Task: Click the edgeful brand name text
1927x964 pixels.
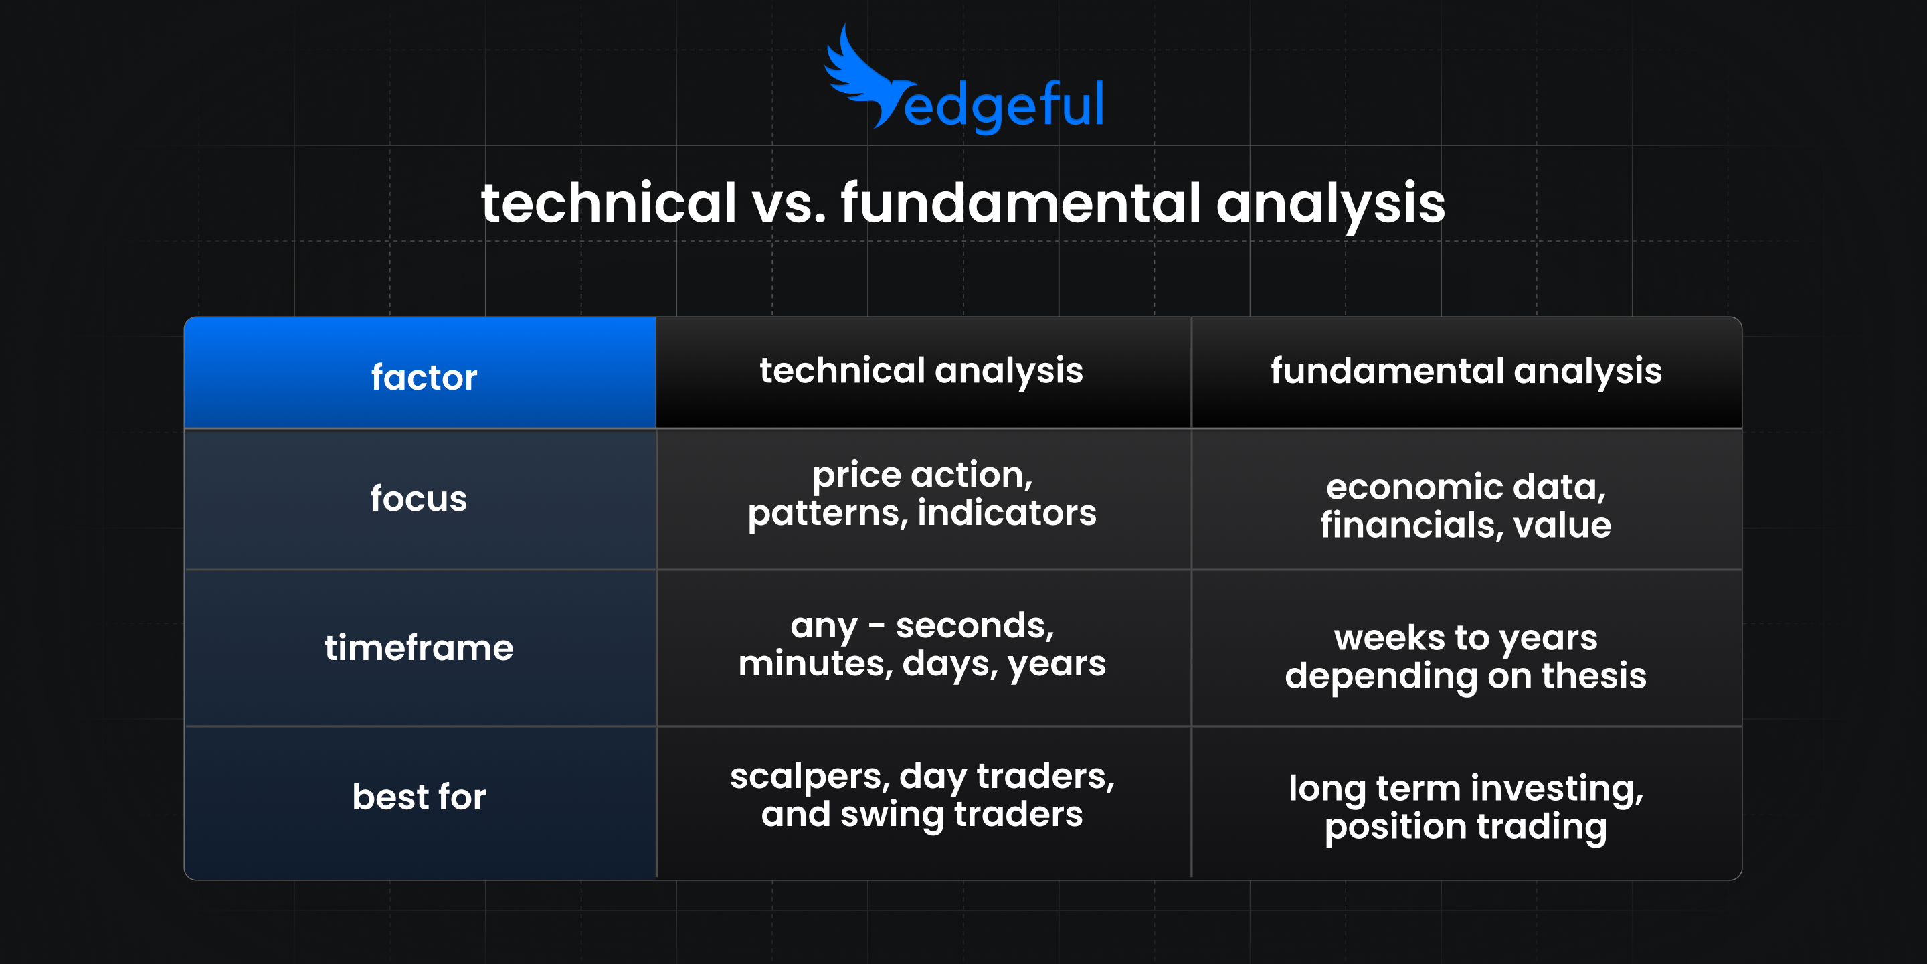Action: point(1003,106)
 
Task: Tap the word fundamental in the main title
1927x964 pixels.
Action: point(1021,203)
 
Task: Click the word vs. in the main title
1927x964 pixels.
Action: point(790,204)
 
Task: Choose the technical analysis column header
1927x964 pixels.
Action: point(921,372)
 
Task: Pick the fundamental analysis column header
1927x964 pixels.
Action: point(1465,372)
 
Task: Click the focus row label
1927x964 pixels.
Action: point(419,499)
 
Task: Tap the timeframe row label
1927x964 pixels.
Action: point(419,647)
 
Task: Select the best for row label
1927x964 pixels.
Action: point(419,797)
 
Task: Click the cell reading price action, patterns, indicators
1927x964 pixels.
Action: point(921,494)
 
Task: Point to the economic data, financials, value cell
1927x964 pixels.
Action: point(1465,506)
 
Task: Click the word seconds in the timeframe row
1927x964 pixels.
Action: point(974,626)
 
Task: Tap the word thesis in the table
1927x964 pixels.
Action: point(1593,676)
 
